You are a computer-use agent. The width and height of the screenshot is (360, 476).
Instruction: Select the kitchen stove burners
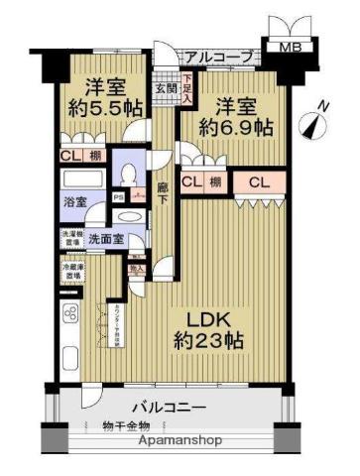pyautogui.click(x=71, y=316)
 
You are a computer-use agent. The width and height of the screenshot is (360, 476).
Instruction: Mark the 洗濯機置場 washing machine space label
pyautogui.click(x=70, y=238)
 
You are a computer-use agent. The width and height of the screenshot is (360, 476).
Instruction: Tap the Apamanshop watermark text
pyautogui.click(x=180, y=441)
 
